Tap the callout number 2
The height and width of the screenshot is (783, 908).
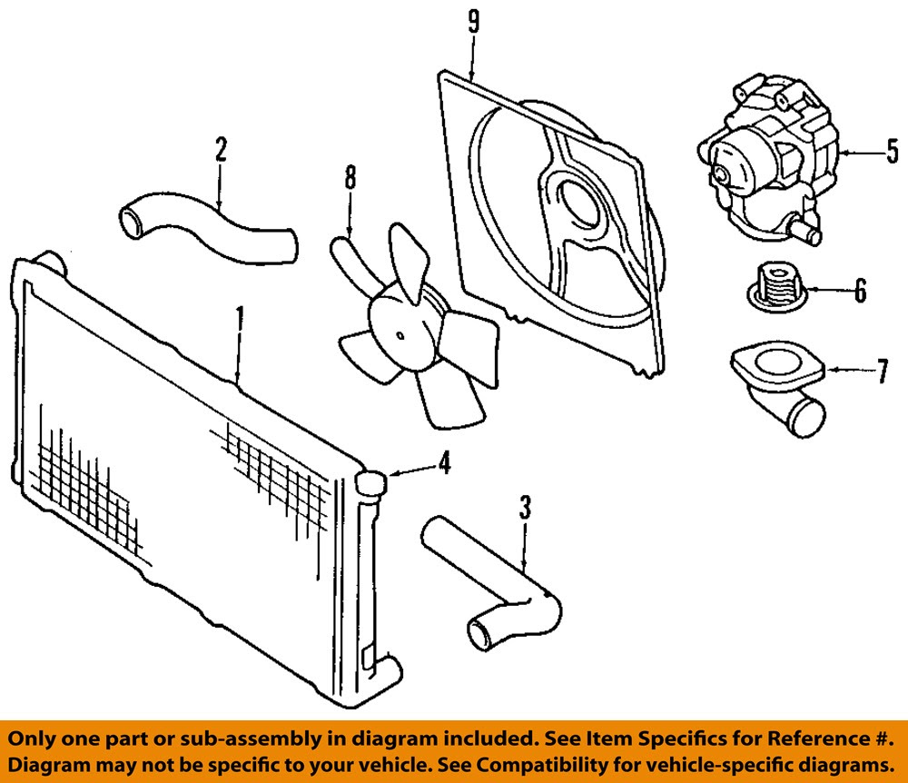[x=221, y=149]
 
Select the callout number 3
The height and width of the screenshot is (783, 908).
[x=525, y=508]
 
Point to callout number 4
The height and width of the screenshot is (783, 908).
[x=444, y=463]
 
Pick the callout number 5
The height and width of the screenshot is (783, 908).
[x=893, y=151]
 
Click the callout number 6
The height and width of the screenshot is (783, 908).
[x=861, y=290]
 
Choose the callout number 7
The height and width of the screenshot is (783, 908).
[x=882, y=371]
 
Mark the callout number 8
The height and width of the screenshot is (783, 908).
[x=350, y=177]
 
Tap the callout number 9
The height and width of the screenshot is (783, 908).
[x=474, y=22]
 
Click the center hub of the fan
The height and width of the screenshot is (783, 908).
[x=400, y=335]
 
